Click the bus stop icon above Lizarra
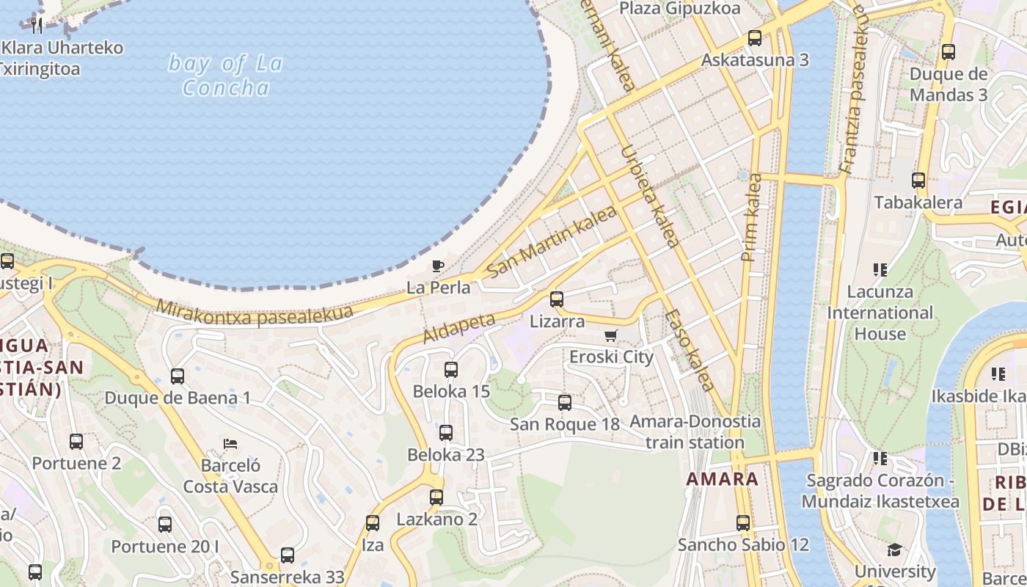(x=557, y=299)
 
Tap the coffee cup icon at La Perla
(x=438, y=266)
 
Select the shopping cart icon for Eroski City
(x=610, y=335)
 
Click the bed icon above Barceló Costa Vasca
(x=230, y=443)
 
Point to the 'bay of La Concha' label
(x=225, y=76)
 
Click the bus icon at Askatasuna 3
(x=755, y=37)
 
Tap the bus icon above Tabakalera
(x=918, y=180)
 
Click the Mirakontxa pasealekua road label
(x=255, y=315)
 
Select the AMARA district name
(x=723, y=479)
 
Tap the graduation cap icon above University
(x=894, y=550)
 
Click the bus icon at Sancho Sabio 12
(x=743, y=522)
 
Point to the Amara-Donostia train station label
(x=695, y=432)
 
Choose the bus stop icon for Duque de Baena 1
(x=178, y=376)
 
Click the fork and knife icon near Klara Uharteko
(x=37, y=25)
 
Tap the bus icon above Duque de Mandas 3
(x=949, y=51)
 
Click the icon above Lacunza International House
(x=880, y=270)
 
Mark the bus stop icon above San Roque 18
(x=565, y=402)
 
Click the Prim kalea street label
(x=753, y=217)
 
